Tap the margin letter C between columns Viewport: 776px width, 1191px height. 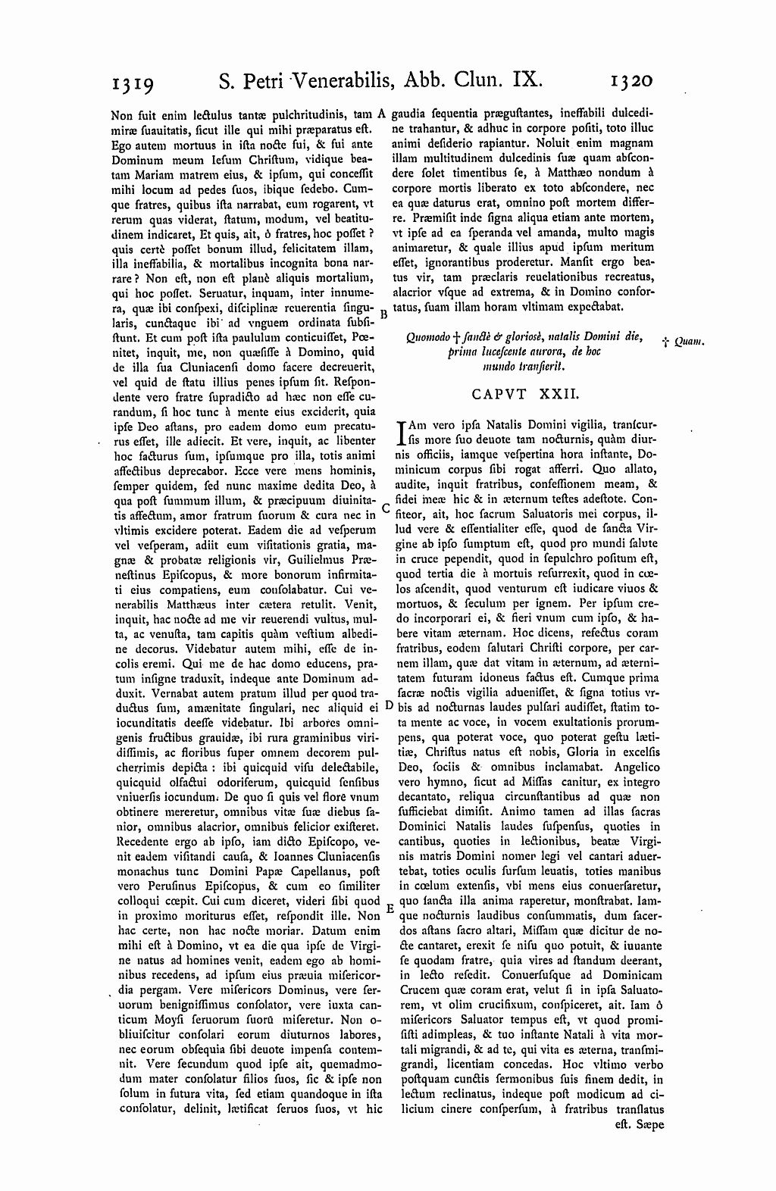[x=386, y=508]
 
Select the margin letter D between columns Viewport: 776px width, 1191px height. [x=388, y=705]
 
